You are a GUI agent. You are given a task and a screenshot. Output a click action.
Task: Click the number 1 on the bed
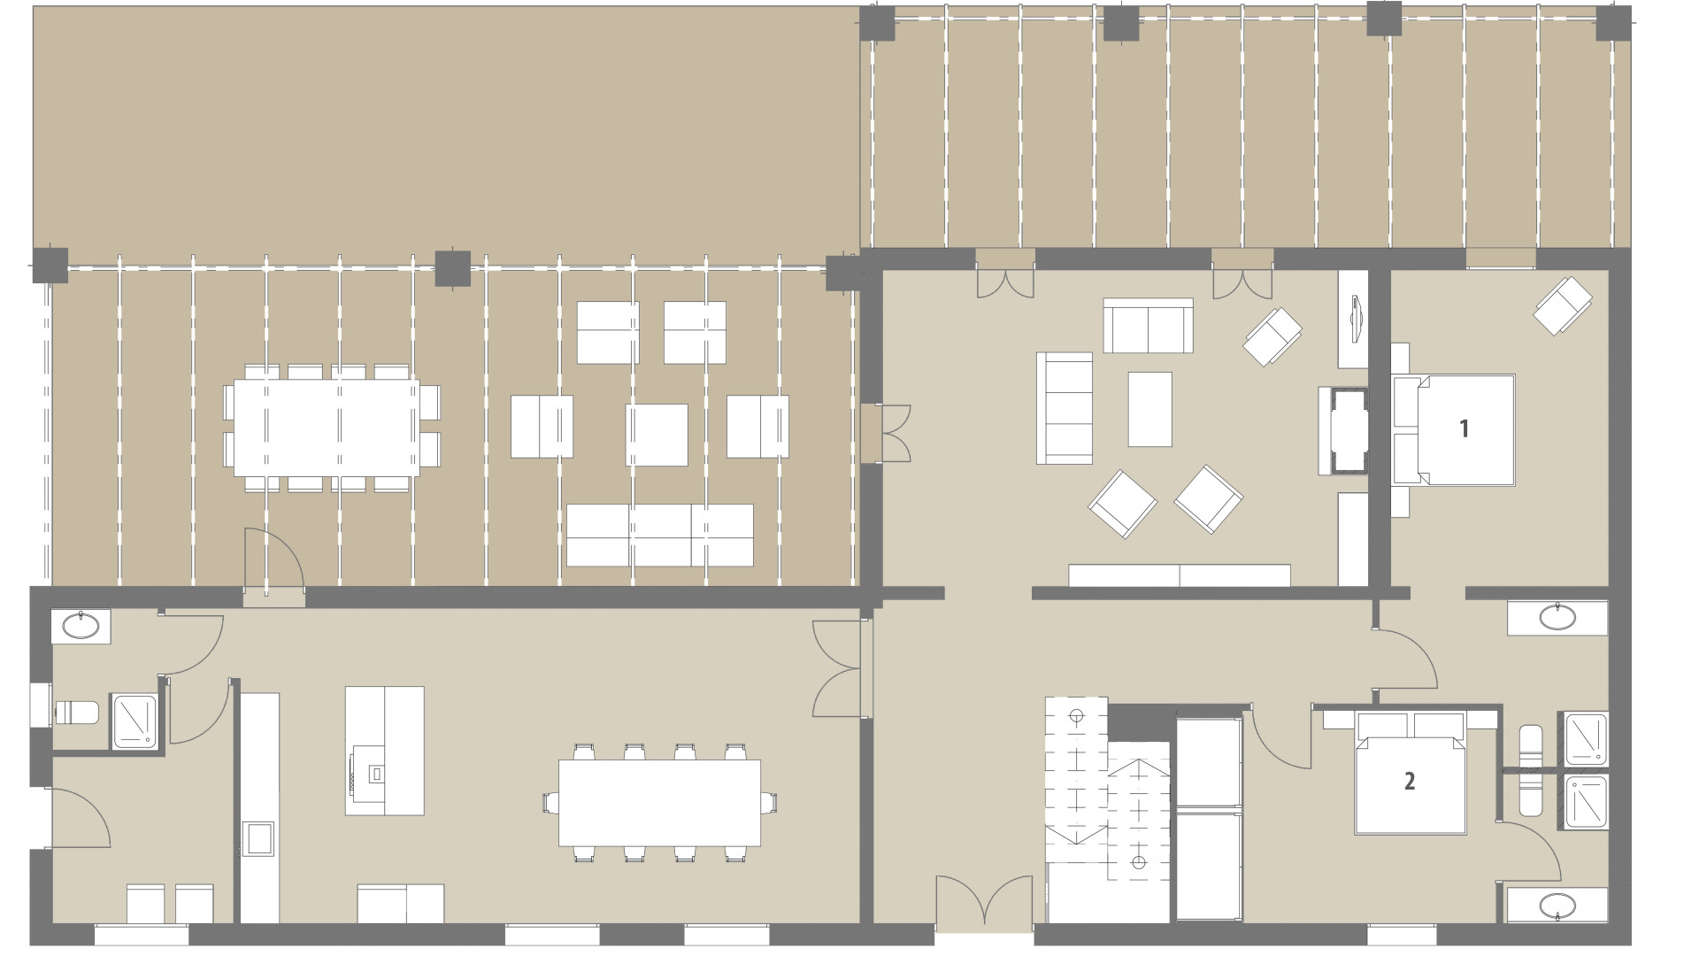1464,429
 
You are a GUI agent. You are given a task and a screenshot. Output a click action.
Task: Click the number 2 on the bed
1410,781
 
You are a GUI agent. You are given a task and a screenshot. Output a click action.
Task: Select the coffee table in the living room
1149,408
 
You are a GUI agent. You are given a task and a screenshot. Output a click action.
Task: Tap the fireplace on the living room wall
1345,430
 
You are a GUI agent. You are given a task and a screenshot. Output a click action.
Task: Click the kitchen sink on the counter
258,837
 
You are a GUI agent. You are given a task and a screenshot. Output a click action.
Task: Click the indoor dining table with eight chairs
659,803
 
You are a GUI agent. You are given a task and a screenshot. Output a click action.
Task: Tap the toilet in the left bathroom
76,713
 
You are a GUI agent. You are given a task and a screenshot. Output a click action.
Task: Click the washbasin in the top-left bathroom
81,627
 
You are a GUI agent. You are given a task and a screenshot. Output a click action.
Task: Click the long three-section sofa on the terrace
659,535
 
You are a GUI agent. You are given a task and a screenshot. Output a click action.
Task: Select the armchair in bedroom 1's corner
1562,305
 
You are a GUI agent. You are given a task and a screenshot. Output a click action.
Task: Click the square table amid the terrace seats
657,435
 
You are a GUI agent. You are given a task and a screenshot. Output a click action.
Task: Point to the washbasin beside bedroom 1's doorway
1557,617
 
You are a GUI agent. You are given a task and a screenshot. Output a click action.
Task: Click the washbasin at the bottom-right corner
1557,906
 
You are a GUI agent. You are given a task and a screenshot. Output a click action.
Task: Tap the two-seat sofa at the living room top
1148,325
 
